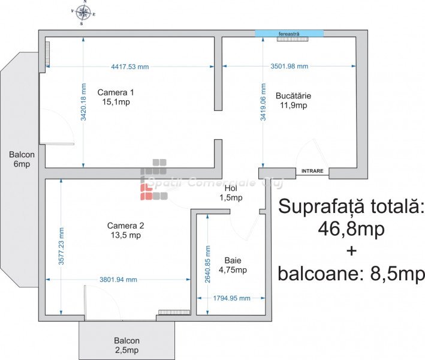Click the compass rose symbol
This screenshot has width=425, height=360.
83,13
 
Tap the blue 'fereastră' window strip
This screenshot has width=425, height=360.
289,34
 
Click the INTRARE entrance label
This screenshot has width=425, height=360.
312,171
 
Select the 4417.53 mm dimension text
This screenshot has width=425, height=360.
130,67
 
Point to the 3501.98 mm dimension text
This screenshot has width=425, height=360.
289,66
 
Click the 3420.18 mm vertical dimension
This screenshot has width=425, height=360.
83,102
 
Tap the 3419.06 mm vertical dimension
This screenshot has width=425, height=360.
263,102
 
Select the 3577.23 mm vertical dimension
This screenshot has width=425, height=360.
61,246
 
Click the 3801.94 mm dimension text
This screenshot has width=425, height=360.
118,280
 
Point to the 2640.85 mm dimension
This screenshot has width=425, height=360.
207,264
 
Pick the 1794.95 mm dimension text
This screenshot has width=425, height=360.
231,298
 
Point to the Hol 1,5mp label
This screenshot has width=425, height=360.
231,193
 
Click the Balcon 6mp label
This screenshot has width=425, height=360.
22,159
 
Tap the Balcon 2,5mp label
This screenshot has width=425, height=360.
126,346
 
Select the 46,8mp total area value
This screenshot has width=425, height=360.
351,229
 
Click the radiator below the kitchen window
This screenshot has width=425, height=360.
293,39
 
